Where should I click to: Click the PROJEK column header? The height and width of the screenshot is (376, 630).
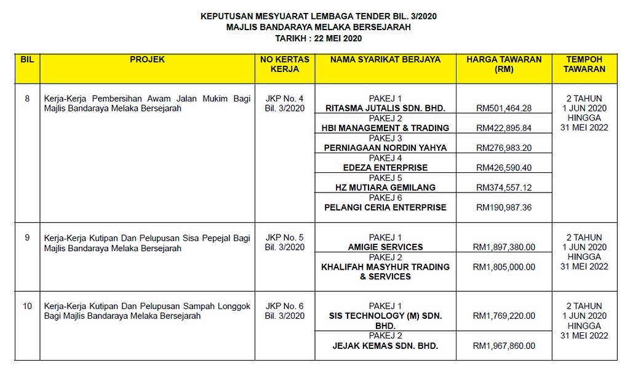[148, 60]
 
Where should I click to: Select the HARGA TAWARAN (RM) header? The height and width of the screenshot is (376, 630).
[504, 64]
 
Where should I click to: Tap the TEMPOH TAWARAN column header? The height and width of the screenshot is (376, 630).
[584, 64]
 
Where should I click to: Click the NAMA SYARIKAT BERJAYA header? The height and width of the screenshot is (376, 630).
[385, 60]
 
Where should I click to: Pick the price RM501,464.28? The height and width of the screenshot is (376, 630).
[504, 108]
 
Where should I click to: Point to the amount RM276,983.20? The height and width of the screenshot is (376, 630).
[504, 148]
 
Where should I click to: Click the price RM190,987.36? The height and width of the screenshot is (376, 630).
[504, 207]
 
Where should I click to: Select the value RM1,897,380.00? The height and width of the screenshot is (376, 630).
[504, 247]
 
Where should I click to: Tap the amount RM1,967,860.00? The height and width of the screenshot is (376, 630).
[504, 346]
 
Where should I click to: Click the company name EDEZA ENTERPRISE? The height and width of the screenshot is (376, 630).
[385, 167]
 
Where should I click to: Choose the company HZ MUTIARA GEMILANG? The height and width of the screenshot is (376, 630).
[385, 187]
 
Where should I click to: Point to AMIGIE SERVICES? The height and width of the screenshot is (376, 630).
[385, 247]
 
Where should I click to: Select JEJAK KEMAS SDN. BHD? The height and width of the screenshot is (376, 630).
[385, 346]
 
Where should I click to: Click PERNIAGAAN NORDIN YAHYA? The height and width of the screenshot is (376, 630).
[385, 148]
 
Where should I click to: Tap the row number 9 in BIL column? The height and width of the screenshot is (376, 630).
[27, 237]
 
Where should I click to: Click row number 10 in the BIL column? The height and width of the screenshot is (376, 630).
[27, 306]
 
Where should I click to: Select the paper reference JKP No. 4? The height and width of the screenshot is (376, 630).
[284, 98]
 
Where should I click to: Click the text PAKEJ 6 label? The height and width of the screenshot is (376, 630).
[385, 198]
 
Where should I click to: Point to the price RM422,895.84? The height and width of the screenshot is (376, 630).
[504, 128]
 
